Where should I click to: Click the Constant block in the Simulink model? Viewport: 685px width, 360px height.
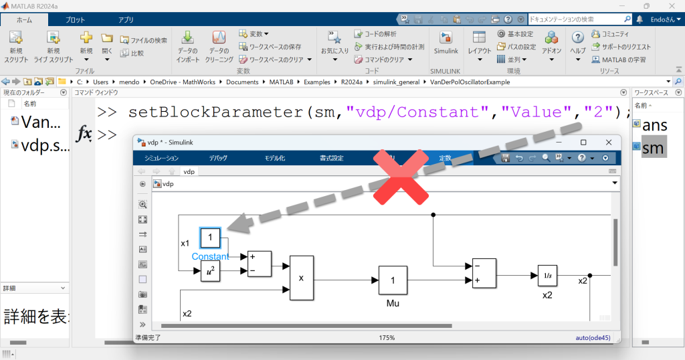tap(211, 238)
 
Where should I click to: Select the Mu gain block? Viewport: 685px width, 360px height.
tap(393, 280)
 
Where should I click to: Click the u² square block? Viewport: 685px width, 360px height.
tap(211, 272)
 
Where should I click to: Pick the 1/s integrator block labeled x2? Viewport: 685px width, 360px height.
tap(547, 275)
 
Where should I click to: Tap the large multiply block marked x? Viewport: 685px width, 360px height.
tap(301, 278)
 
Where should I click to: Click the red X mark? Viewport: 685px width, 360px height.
tap(399, 176)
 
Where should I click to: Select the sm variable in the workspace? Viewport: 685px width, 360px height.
tap(653, 149)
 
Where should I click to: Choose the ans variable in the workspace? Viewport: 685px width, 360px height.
tap(654, 124)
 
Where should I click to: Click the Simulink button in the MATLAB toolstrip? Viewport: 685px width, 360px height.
tap(446, 43)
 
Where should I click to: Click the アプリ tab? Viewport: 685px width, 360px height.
tap(126, 20)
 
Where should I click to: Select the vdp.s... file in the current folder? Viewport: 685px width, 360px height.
tap(44, 146)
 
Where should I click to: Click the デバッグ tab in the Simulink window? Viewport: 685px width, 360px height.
tap(218, 158)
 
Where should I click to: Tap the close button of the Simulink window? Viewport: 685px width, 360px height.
tap(608, 142)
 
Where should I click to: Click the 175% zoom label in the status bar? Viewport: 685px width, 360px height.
tap(387, 338)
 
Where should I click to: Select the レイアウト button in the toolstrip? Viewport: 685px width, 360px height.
tap(479, 43)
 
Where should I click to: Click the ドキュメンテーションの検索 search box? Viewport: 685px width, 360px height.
tap(575, 19)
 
